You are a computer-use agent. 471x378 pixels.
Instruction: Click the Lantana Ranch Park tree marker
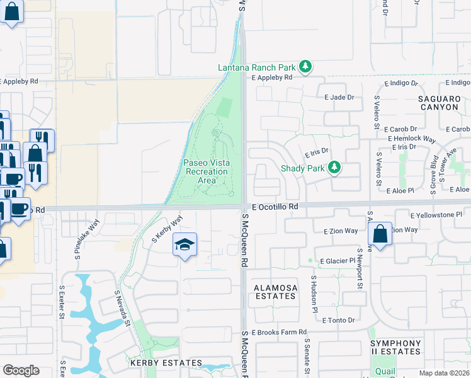click(x=305, y=66)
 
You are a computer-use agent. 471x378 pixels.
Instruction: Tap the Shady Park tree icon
click(x=336, y=168)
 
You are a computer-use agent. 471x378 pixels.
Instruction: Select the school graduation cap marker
click(x=184, y=244)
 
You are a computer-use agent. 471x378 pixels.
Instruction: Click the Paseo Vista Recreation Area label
click(x=207, y=171)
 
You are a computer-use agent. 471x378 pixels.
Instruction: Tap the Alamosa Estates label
click(x=275, y=291)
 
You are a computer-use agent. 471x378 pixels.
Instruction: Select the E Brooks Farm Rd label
click(x=279, y=332)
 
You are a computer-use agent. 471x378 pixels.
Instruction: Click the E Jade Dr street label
click(x=339, y=97)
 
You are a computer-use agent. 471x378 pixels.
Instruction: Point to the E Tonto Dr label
click(x=338, y=320)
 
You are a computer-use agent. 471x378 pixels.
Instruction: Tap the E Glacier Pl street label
click(x=340, y=261)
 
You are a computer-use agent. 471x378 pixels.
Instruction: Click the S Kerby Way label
click(x=167, y=229)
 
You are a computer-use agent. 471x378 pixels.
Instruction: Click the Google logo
click(x=21, y=370)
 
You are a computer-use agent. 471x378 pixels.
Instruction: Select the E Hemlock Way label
click(x=412, y=139)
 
